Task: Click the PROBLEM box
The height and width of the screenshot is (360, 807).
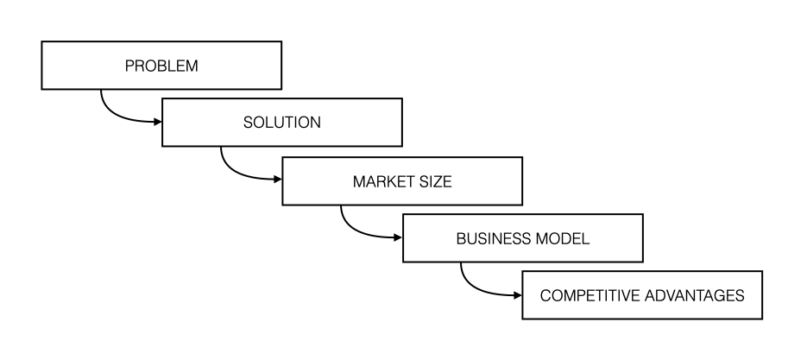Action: [x=161, y=66]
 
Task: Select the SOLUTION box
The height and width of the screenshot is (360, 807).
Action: [x=282, y=123]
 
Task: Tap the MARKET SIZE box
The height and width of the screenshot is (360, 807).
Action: [x=402, y=181]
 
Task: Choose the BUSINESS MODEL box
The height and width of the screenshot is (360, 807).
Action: [x=523, y=238]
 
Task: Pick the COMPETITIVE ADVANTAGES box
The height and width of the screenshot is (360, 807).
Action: [x=642, y=295]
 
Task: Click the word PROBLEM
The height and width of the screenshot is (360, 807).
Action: [x=161, y=66]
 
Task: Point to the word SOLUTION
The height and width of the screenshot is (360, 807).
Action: [x=282, y=123]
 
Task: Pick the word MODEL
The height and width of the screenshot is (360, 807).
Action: [x=563, y=239]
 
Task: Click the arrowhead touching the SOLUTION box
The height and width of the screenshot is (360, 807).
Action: [x=158, y=122]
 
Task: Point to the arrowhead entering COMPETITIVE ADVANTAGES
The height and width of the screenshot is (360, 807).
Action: [x=518, y=295]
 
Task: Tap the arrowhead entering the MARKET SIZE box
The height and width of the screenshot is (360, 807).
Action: [x=279, y=180]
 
